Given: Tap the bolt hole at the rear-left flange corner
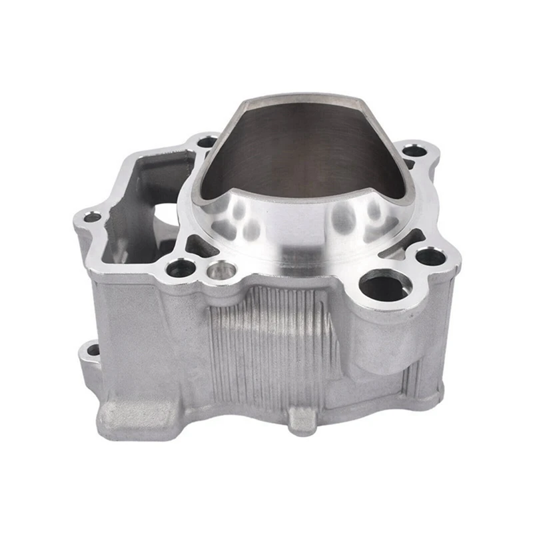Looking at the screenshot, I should [x=207, y=141].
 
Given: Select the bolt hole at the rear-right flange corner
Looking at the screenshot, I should [x=414, y=151].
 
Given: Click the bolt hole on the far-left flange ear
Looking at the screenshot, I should [x=91, y=217].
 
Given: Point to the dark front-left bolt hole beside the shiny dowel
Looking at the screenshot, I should [x=181, y=268].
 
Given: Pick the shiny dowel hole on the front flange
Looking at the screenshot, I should [x=221, y=270].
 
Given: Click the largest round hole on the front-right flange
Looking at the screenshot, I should [x=384, y=286].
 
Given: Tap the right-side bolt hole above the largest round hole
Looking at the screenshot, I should [x=430, y=256].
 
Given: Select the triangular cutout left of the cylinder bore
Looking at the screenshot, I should [x=198, y=247].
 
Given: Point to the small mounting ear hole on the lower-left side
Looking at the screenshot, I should [x=93, y=350].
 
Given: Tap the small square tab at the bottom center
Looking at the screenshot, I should [x=303, y=420].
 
